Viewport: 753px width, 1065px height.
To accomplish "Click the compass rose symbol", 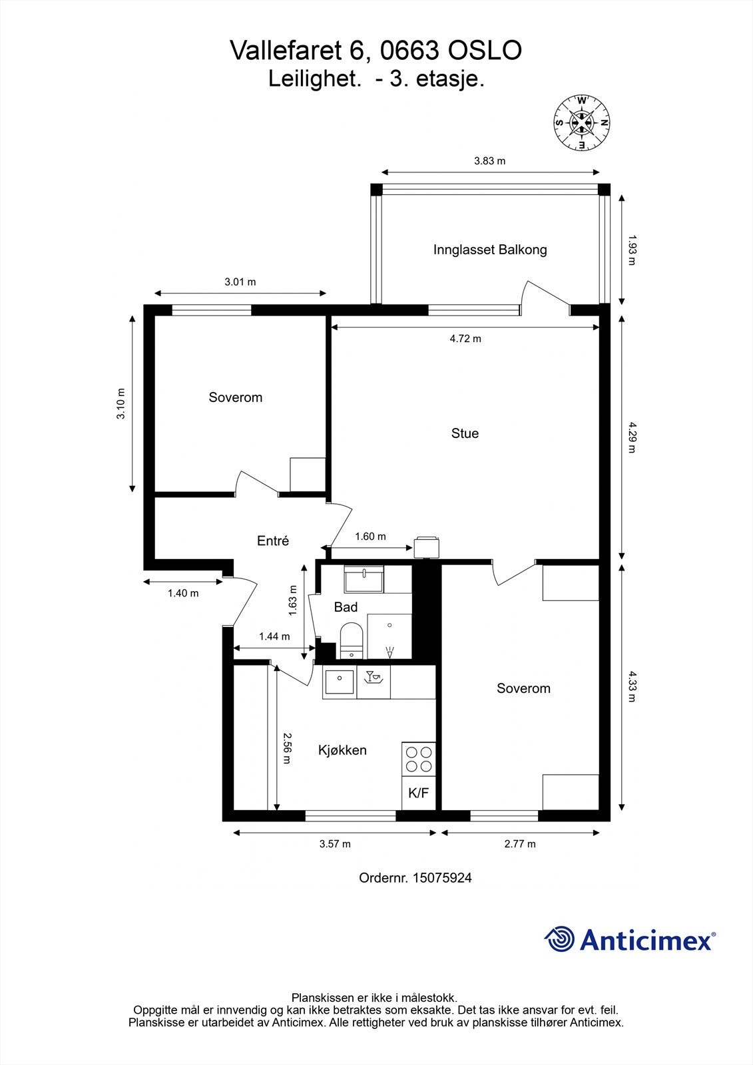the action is tap(582, 123).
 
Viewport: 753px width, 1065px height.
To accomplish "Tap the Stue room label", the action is tap(465, 433).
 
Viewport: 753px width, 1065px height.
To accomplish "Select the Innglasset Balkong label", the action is tap(490, 250).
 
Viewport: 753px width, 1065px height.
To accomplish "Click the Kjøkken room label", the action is tap(342, 750).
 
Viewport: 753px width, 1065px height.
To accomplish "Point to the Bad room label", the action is tap(346, 606).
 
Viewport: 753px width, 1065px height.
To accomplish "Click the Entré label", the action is tap(273, 540).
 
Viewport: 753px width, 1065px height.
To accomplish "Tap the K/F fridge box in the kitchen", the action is tap(419, 793).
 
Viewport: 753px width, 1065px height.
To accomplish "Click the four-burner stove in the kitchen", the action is tap(419, 759).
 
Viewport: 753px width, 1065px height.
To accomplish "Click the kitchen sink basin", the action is tap(339, 682).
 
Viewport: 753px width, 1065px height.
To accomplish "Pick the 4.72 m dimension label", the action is tap(465, 339).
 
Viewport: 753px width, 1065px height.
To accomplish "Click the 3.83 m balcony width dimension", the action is tap(489, 160).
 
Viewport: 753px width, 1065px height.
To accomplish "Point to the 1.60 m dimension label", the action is tap(371, 536).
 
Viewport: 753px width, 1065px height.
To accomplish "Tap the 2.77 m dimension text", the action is tap(520, 844).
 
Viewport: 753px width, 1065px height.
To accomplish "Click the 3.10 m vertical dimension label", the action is tap(121, 403).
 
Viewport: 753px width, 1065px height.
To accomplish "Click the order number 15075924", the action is tap(442, 878).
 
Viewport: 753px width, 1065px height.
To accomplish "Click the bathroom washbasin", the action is tap(364, 579).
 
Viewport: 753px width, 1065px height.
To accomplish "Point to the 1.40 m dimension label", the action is tap(183, 593).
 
